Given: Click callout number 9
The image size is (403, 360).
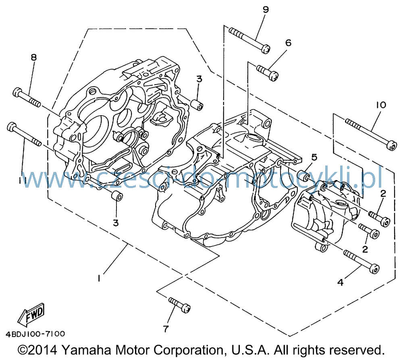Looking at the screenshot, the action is coord(266,10).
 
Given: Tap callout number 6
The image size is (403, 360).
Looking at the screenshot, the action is coord(289,43).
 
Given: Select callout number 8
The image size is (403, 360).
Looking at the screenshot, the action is coord(34,57).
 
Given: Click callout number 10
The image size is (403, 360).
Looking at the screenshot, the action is coord(381,105).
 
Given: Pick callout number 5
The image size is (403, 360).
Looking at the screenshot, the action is coord(314,157).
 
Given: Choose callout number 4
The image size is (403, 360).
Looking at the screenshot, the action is coord(340,282).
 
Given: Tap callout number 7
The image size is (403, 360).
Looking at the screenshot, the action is coord(166,329).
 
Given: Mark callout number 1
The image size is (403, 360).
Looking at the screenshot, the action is coord(99,278).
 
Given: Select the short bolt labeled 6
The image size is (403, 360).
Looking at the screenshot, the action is coord(268,73).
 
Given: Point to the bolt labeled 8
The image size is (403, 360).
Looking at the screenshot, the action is coord(27,97).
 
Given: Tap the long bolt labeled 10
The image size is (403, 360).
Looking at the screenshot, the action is coord(371,134).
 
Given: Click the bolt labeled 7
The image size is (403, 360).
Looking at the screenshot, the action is coord(179,305).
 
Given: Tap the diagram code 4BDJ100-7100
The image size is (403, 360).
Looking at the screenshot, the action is coord(35,334).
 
